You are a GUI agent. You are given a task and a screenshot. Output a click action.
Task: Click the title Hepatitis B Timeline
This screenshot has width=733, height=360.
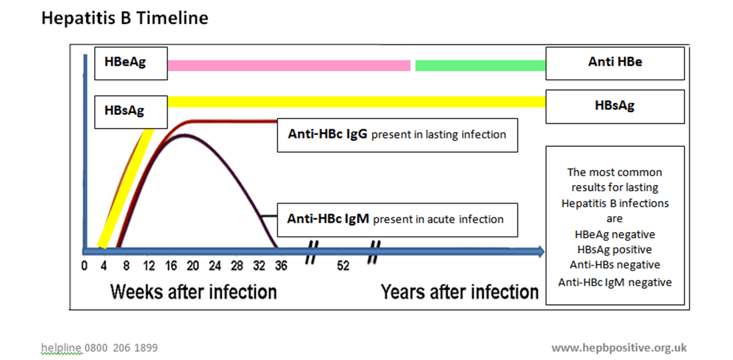(x=125, y=18)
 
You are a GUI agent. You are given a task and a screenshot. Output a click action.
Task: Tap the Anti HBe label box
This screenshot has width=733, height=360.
(x=615, y=63)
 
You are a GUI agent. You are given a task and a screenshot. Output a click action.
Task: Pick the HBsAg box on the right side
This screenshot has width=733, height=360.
(x=615, y=106)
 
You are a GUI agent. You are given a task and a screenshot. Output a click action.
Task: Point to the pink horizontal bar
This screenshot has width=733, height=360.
(x=289, y=66)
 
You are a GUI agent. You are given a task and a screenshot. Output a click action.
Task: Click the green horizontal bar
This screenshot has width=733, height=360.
(x=480, y=66)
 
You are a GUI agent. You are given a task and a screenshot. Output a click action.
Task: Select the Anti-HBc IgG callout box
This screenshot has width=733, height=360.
(x=397, y=135)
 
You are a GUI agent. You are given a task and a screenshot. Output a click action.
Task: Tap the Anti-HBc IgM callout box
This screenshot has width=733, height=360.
(x=397, y=219)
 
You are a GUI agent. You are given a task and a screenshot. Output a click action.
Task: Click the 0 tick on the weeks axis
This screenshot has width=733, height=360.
(x=84, y=265)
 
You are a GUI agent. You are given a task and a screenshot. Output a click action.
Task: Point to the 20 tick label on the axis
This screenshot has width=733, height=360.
(x=192, y=265)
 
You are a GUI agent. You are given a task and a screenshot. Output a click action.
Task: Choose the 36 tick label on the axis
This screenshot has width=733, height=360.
(x=281, y=265)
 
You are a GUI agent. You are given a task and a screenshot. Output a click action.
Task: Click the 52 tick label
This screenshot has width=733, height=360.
(x=343, y=265)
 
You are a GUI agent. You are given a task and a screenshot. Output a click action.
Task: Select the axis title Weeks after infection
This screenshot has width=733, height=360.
(x=193, y=292)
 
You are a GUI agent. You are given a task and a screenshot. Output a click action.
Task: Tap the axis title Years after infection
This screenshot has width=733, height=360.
(x=459, y=292)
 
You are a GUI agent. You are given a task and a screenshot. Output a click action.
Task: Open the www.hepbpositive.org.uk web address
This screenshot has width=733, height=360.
(x=619, y=348)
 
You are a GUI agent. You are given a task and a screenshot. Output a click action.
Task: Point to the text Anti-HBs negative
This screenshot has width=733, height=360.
(x=615, y=264)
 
